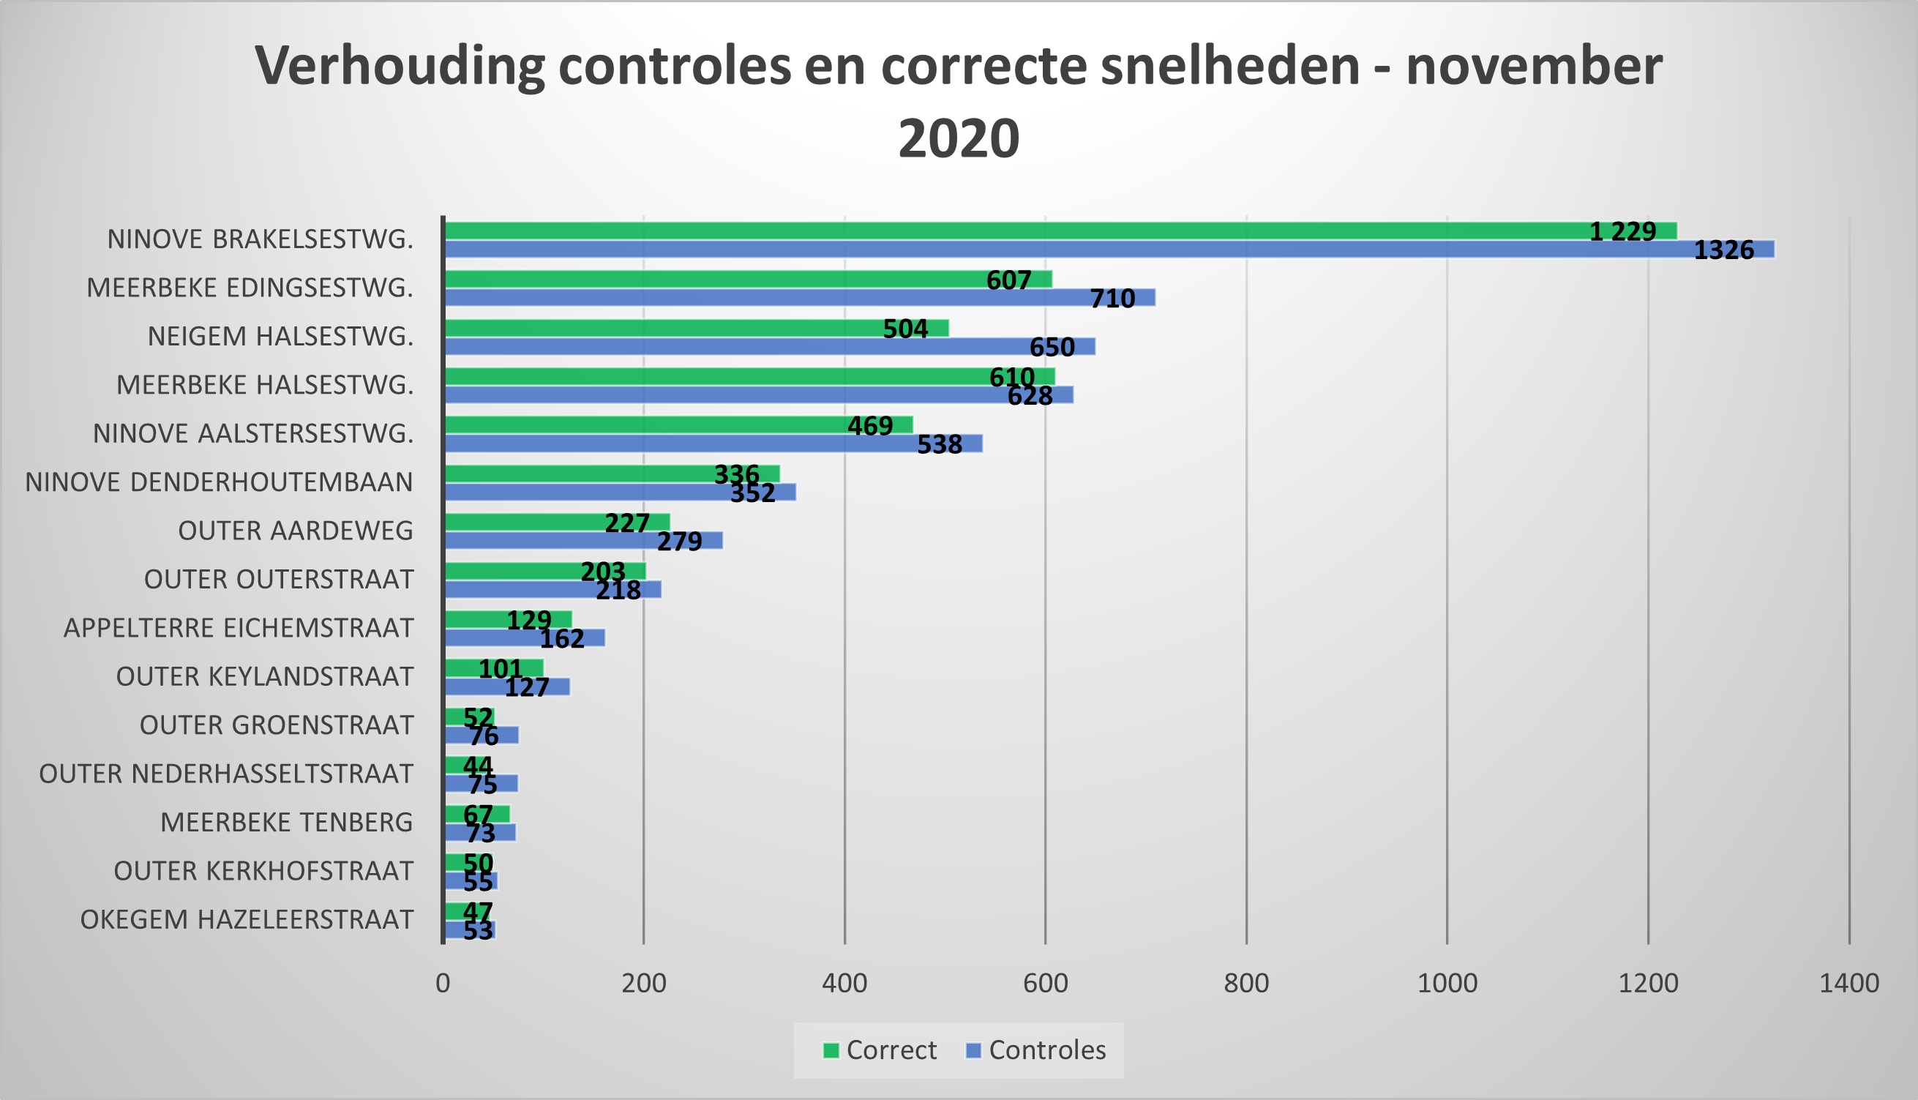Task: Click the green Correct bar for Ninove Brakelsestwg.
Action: [x=982, y=231]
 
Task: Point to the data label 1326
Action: [x=1723, y=250]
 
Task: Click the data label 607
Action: [x=1008, y=280]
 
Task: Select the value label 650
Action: [x=1052, y=347]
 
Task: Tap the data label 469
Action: [x=869, y=426]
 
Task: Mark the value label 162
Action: [x=561, y=639]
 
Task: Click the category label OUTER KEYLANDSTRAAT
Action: [x=264, y=676]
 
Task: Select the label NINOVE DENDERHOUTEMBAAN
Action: [x=219, y=482]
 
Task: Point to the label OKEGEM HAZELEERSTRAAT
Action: [x=247, y=919]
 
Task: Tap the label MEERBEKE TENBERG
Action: [x=286, y=822]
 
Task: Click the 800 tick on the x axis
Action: [x=1245, y=983]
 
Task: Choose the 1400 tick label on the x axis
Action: [x=1848, y=983]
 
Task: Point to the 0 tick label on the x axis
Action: [x=443, y=983]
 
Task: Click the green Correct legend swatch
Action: [x=831, y=1050]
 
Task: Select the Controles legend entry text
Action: [x=1047, y=1050]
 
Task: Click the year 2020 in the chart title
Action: [x=958, y=138]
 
